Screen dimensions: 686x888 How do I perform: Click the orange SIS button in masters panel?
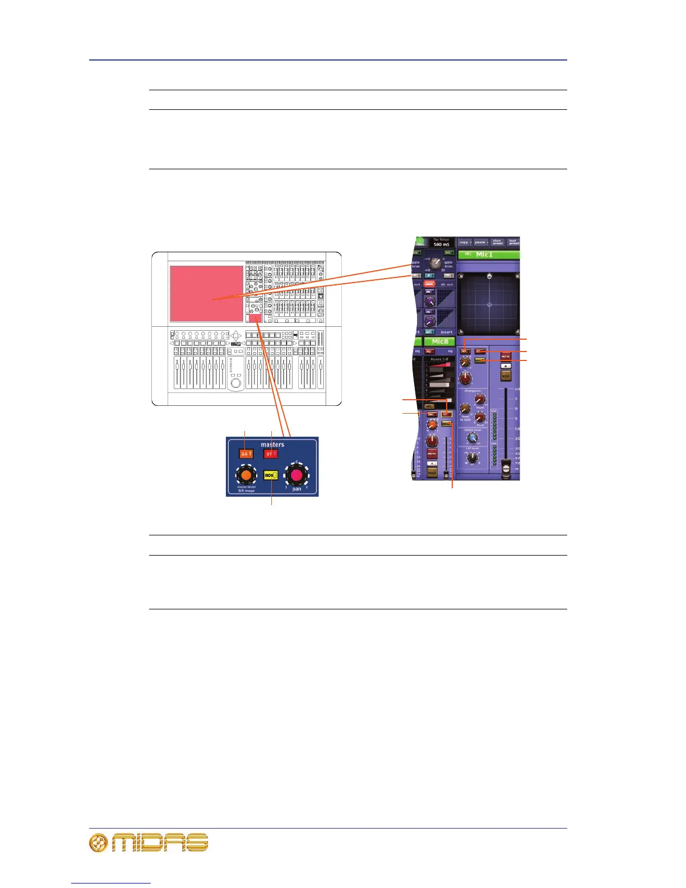[x=244, y=454]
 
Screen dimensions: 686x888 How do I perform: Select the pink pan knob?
[x=296, y=476]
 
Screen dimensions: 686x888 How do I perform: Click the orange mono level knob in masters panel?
[x=245, y=476]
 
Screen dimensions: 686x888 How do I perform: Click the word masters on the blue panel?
[x=272, y=445]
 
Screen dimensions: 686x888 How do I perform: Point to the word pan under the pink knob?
[x=296, y=489]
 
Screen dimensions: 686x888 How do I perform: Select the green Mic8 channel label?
[x=439, y=341]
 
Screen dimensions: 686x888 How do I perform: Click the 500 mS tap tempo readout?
[x=441, y=244]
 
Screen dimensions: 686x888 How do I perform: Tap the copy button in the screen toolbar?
[x=464, y=242]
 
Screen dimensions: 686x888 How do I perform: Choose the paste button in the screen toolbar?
[x=480, y=242]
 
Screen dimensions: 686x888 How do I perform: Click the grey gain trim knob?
[x=435, y=262]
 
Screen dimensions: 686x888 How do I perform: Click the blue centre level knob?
[x=473, y=438]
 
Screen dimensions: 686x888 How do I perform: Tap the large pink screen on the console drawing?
[x=206, y=293]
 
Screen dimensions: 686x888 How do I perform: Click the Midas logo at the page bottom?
[x=149, y=843]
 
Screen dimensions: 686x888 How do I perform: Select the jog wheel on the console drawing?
[x=236, y=383]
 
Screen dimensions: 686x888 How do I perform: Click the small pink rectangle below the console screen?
[x=256, y=318]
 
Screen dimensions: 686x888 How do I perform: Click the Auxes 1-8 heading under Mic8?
[x=439, y=359]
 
